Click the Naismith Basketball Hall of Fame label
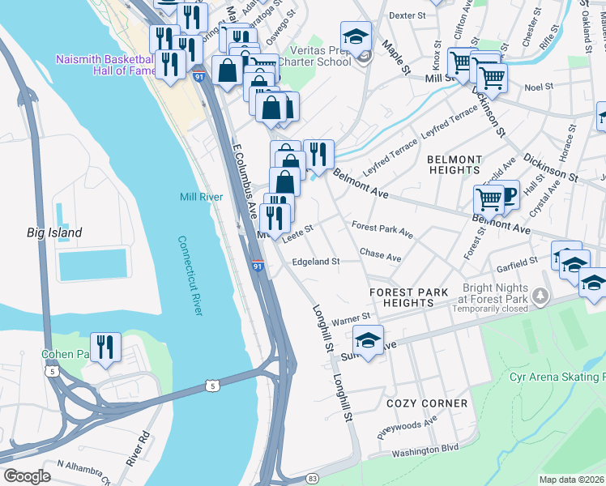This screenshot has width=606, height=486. tap(104, 66)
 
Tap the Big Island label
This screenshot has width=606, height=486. tap(54, 232)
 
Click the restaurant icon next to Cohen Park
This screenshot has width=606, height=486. tap(105, 347)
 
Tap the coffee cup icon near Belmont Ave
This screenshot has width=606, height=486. tap(506, 195)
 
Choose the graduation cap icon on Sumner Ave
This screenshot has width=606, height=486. tap(368, 340)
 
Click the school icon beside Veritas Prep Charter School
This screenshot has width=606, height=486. tap(356, 36)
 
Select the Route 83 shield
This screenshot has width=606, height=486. tap(312, 479)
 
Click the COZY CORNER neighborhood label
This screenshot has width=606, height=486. tap(427, 403)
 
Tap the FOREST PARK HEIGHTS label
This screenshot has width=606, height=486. tap(408, 297)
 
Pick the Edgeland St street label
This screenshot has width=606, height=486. tap(315, 262)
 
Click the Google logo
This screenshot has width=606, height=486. tap(27, 475)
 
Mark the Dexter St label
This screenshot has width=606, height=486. tap(407, 15)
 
